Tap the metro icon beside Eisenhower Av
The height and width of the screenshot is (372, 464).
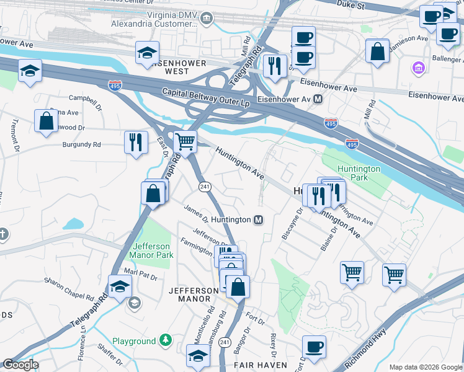tap(318, 99)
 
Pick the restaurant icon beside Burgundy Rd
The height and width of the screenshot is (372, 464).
tap(135, 142)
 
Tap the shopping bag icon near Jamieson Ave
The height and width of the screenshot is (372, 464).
tap(377, 51)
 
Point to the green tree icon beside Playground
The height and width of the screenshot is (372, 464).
tap(165, 340)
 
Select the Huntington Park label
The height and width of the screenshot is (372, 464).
tap(359, 173)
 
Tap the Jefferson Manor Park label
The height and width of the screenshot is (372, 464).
tap(151, 250)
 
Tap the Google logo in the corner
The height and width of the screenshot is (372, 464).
tap(20, 365)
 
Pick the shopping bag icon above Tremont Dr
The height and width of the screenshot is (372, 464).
tap(47, 121)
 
